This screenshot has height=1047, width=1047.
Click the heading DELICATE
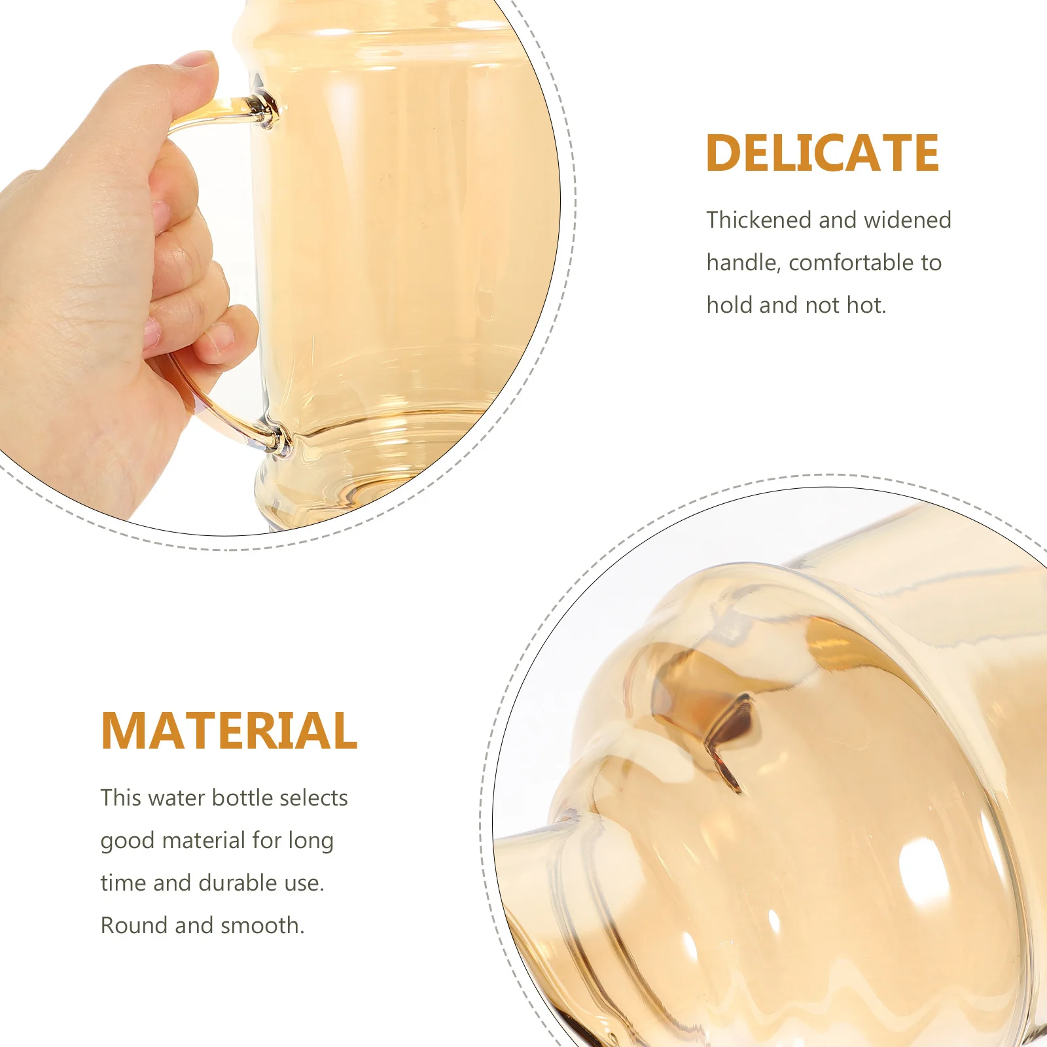tap(822, 153)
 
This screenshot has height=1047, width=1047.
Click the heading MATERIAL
tap(229, 730)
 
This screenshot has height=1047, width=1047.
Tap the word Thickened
tap(759, 220)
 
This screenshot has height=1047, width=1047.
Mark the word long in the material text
tap(310, 840)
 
